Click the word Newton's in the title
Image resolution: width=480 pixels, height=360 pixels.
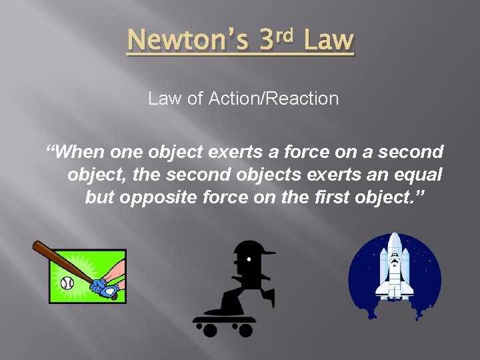click(x=187, y=41)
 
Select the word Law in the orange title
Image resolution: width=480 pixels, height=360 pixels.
click(x=328, y=41)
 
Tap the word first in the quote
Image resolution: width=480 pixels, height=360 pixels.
click(x=333, y=199)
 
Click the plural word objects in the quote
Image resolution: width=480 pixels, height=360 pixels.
click(x=263, y=175)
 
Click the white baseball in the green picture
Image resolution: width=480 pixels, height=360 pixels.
click(x=67, y=283)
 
